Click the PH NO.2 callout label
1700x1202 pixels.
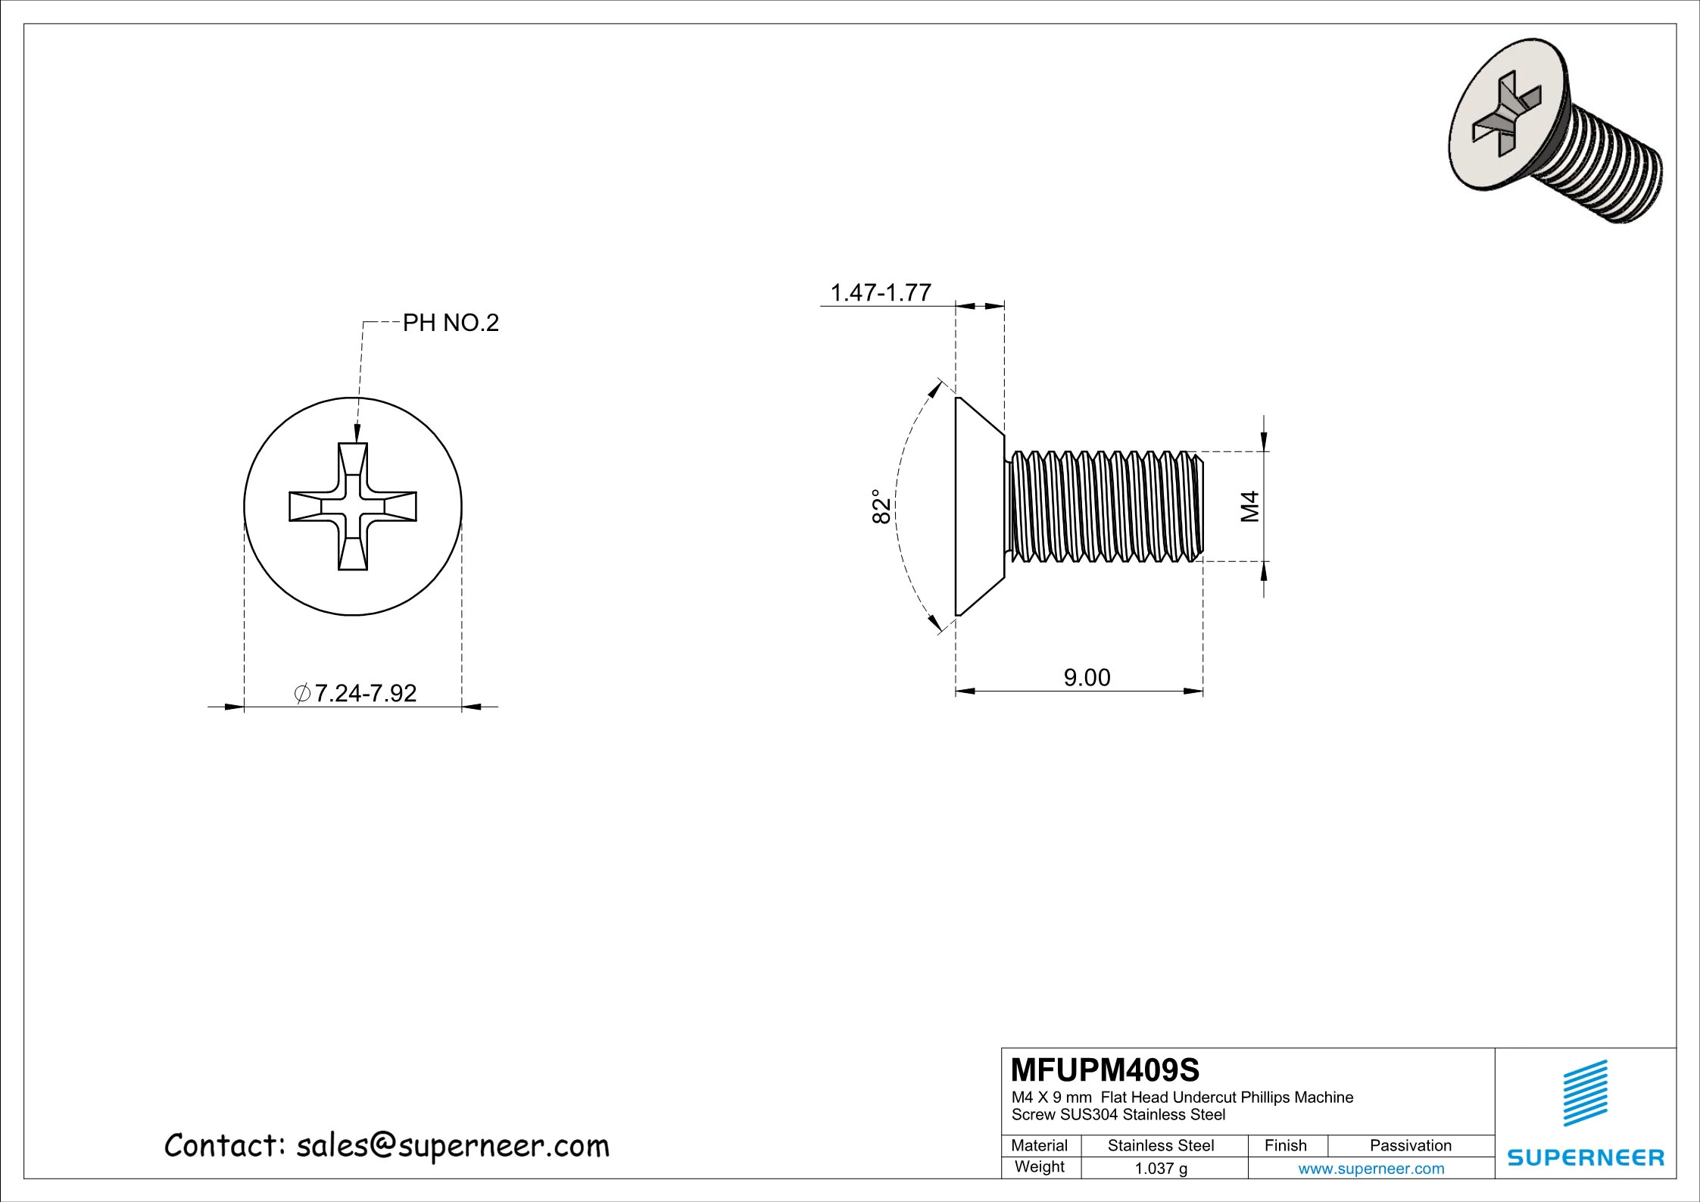[451, 323]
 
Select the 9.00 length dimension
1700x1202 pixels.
[1087, 677]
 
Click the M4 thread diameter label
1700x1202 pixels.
[1250, 506]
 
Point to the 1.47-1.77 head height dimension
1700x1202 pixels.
[881, 292]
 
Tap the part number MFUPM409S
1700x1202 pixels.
[1106, 1070]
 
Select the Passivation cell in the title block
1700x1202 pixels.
[1411, 1146]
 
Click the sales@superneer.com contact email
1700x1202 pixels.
[452, 1146]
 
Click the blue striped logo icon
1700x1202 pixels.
[1586, 1093]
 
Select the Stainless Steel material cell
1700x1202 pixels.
[1161, 1146]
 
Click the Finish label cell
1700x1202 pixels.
[1286, 1146]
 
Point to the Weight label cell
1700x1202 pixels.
[1040, 1167]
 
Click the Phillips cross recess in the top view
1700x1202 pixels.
[353, 506]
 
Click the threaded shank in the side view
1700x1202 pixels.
[1106, 506]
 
